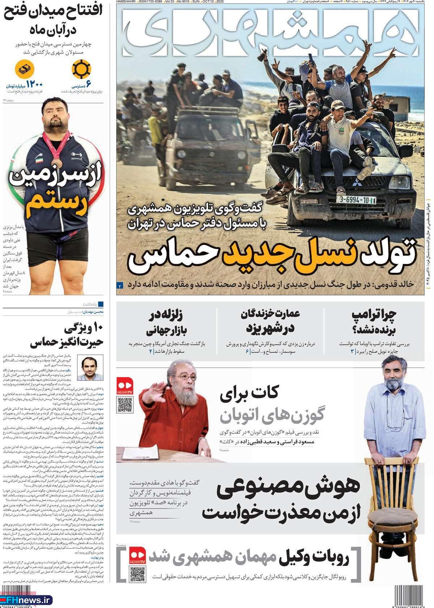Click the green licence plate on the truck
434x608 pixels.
click(x=356, y=200)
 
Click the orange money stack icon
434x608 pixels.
click(x=25, y=69)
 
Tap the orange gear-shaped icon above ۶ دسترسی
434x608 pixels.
click(x=81, y=69)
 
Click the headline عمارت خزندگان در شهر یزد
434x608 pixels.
click(x=270, y=321)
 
